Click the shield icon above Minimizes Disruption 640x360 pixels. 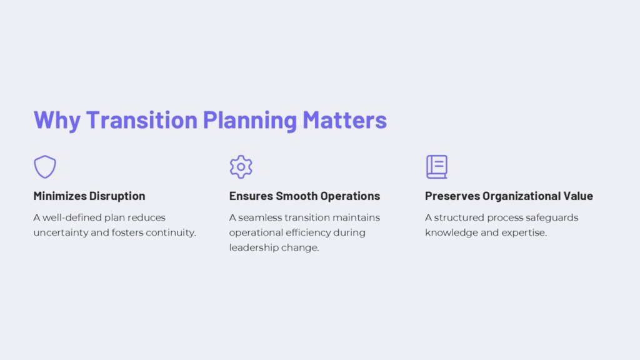coord(45,167)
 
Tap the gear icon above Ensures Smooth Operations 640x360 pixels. coord(241,167)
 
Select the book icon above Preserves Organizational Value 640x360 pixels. coord(436,167)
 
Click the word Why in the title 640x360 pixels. coord(57,120)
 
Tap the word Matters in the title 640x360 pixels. coord(345,119)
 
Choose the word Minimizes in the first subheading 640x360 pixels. coord(60,196)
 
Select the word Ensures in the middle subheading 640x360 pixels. coord(251,196)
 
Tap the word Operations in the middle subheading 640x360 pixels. coord(351,196)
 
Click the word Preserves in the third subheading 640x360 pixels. coord(452,196)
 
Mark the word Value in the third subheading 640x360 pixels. coord(579,196)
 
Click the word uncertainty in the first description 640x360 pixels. coord(60,233)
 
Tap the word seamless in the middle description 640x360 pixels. coord(261,218)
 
